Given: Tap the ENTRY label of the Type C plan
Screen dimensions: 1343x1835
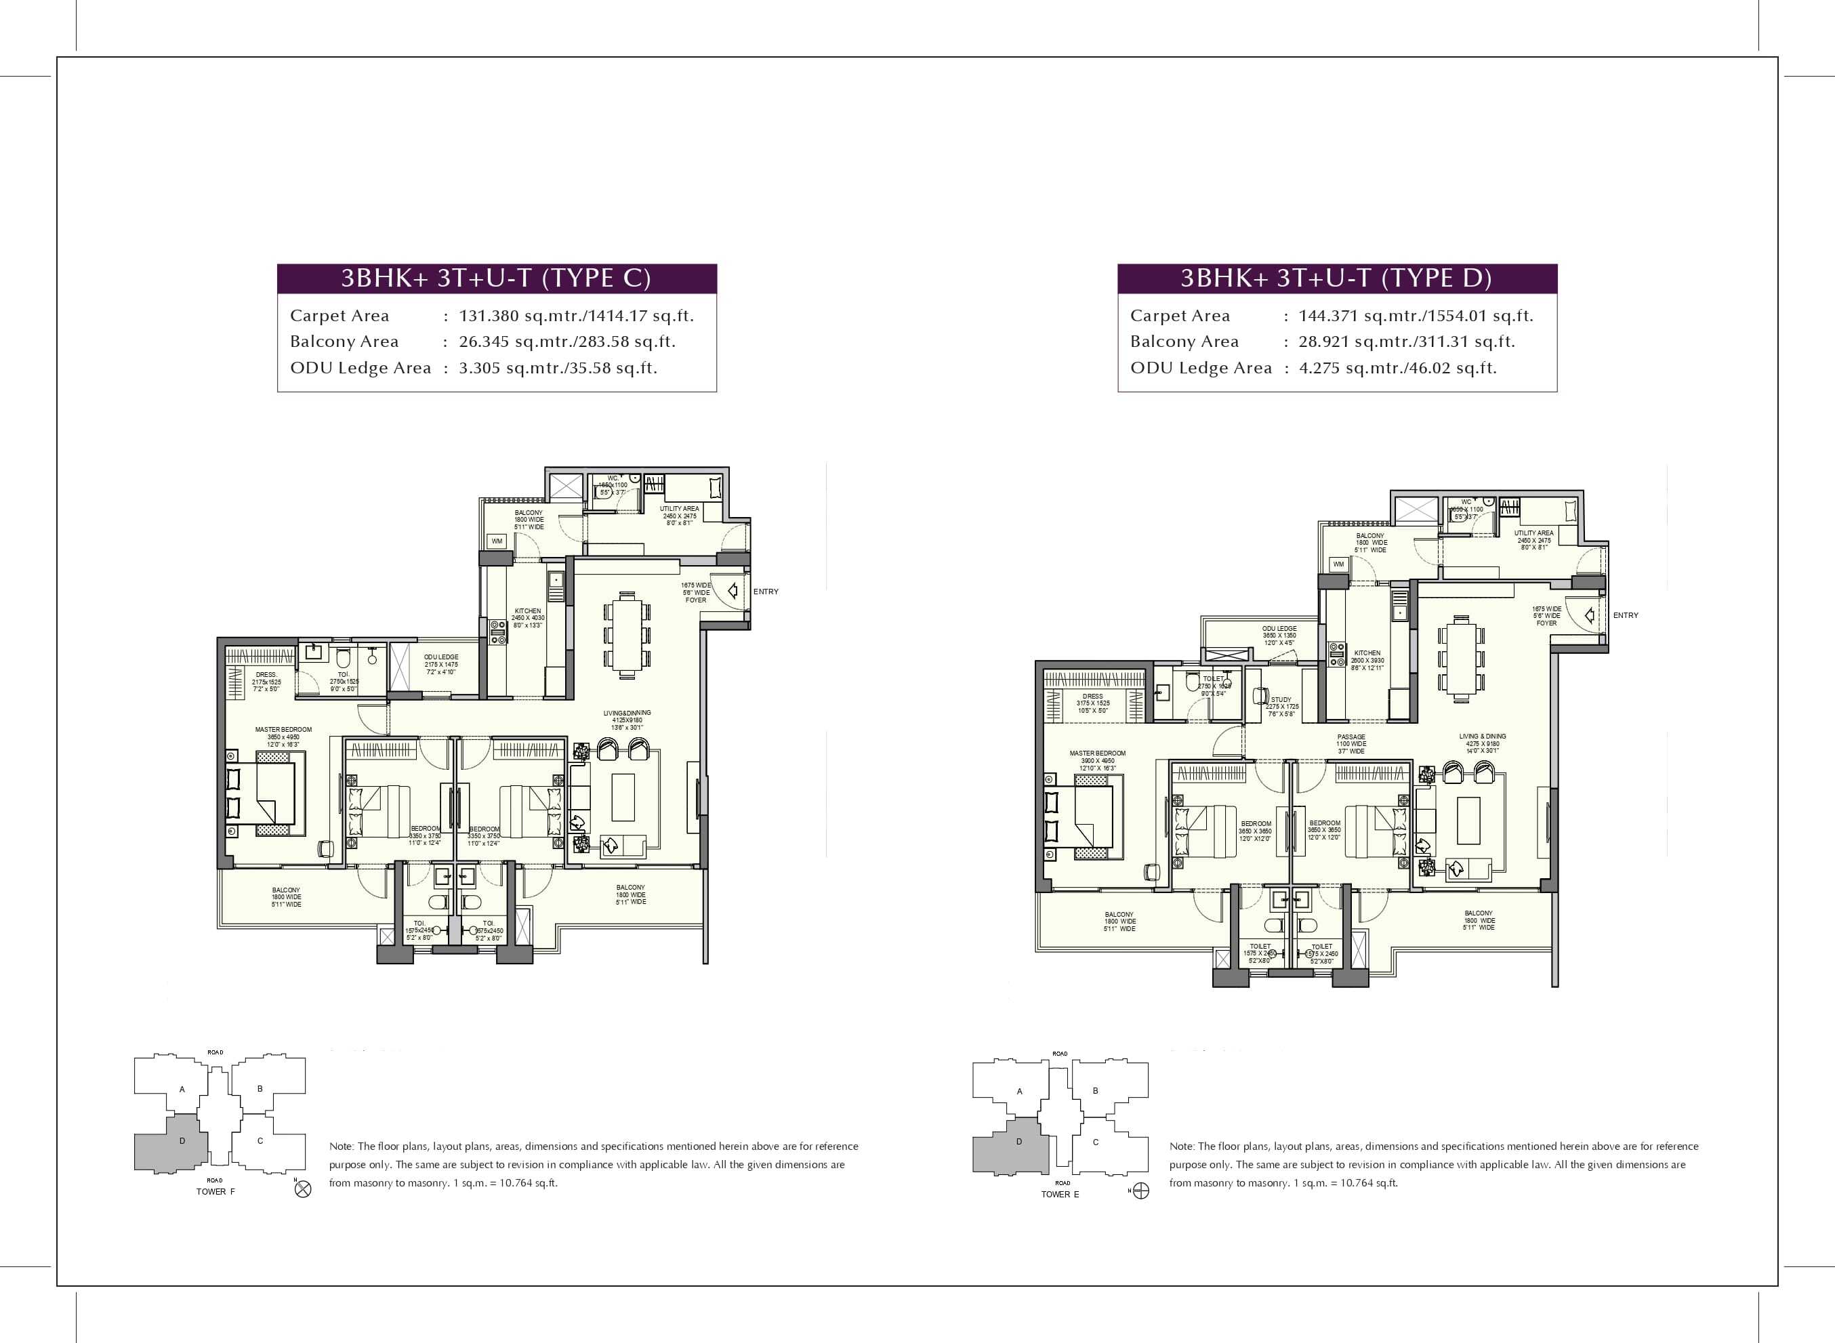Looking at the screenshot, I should click(765, 592).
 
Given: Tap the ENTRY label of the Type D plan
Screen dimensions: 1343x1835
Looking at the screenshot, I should click(1625, 615).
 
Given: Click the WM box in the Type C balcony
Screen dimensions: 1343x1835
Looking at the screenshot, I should click(497, 541).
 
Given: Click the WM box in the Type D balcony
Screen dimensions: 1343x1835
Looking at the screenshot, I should click(1338, 563).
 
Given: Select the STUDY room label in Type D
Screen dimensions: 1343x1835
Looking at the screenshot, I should click(1281, 700).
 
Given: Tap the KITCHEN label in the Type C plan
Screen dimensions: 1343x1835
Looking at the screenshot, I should click(528, 611).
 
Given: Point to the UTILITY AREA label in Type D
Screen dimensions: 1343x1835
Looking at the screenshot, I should click(1533, 533).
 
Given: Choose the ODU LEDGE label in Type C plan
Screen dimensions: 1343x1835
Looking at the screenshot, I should click(440, 657).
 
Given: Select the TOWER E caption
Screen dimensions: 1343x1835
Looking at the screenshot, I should click(1059, 1194).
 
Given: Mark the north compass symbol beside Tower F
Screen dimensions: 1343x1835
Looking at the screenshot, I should click(302, 1190).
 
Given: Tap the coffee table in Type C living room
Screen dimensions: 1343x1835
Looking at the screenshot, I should click(623, 797).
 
